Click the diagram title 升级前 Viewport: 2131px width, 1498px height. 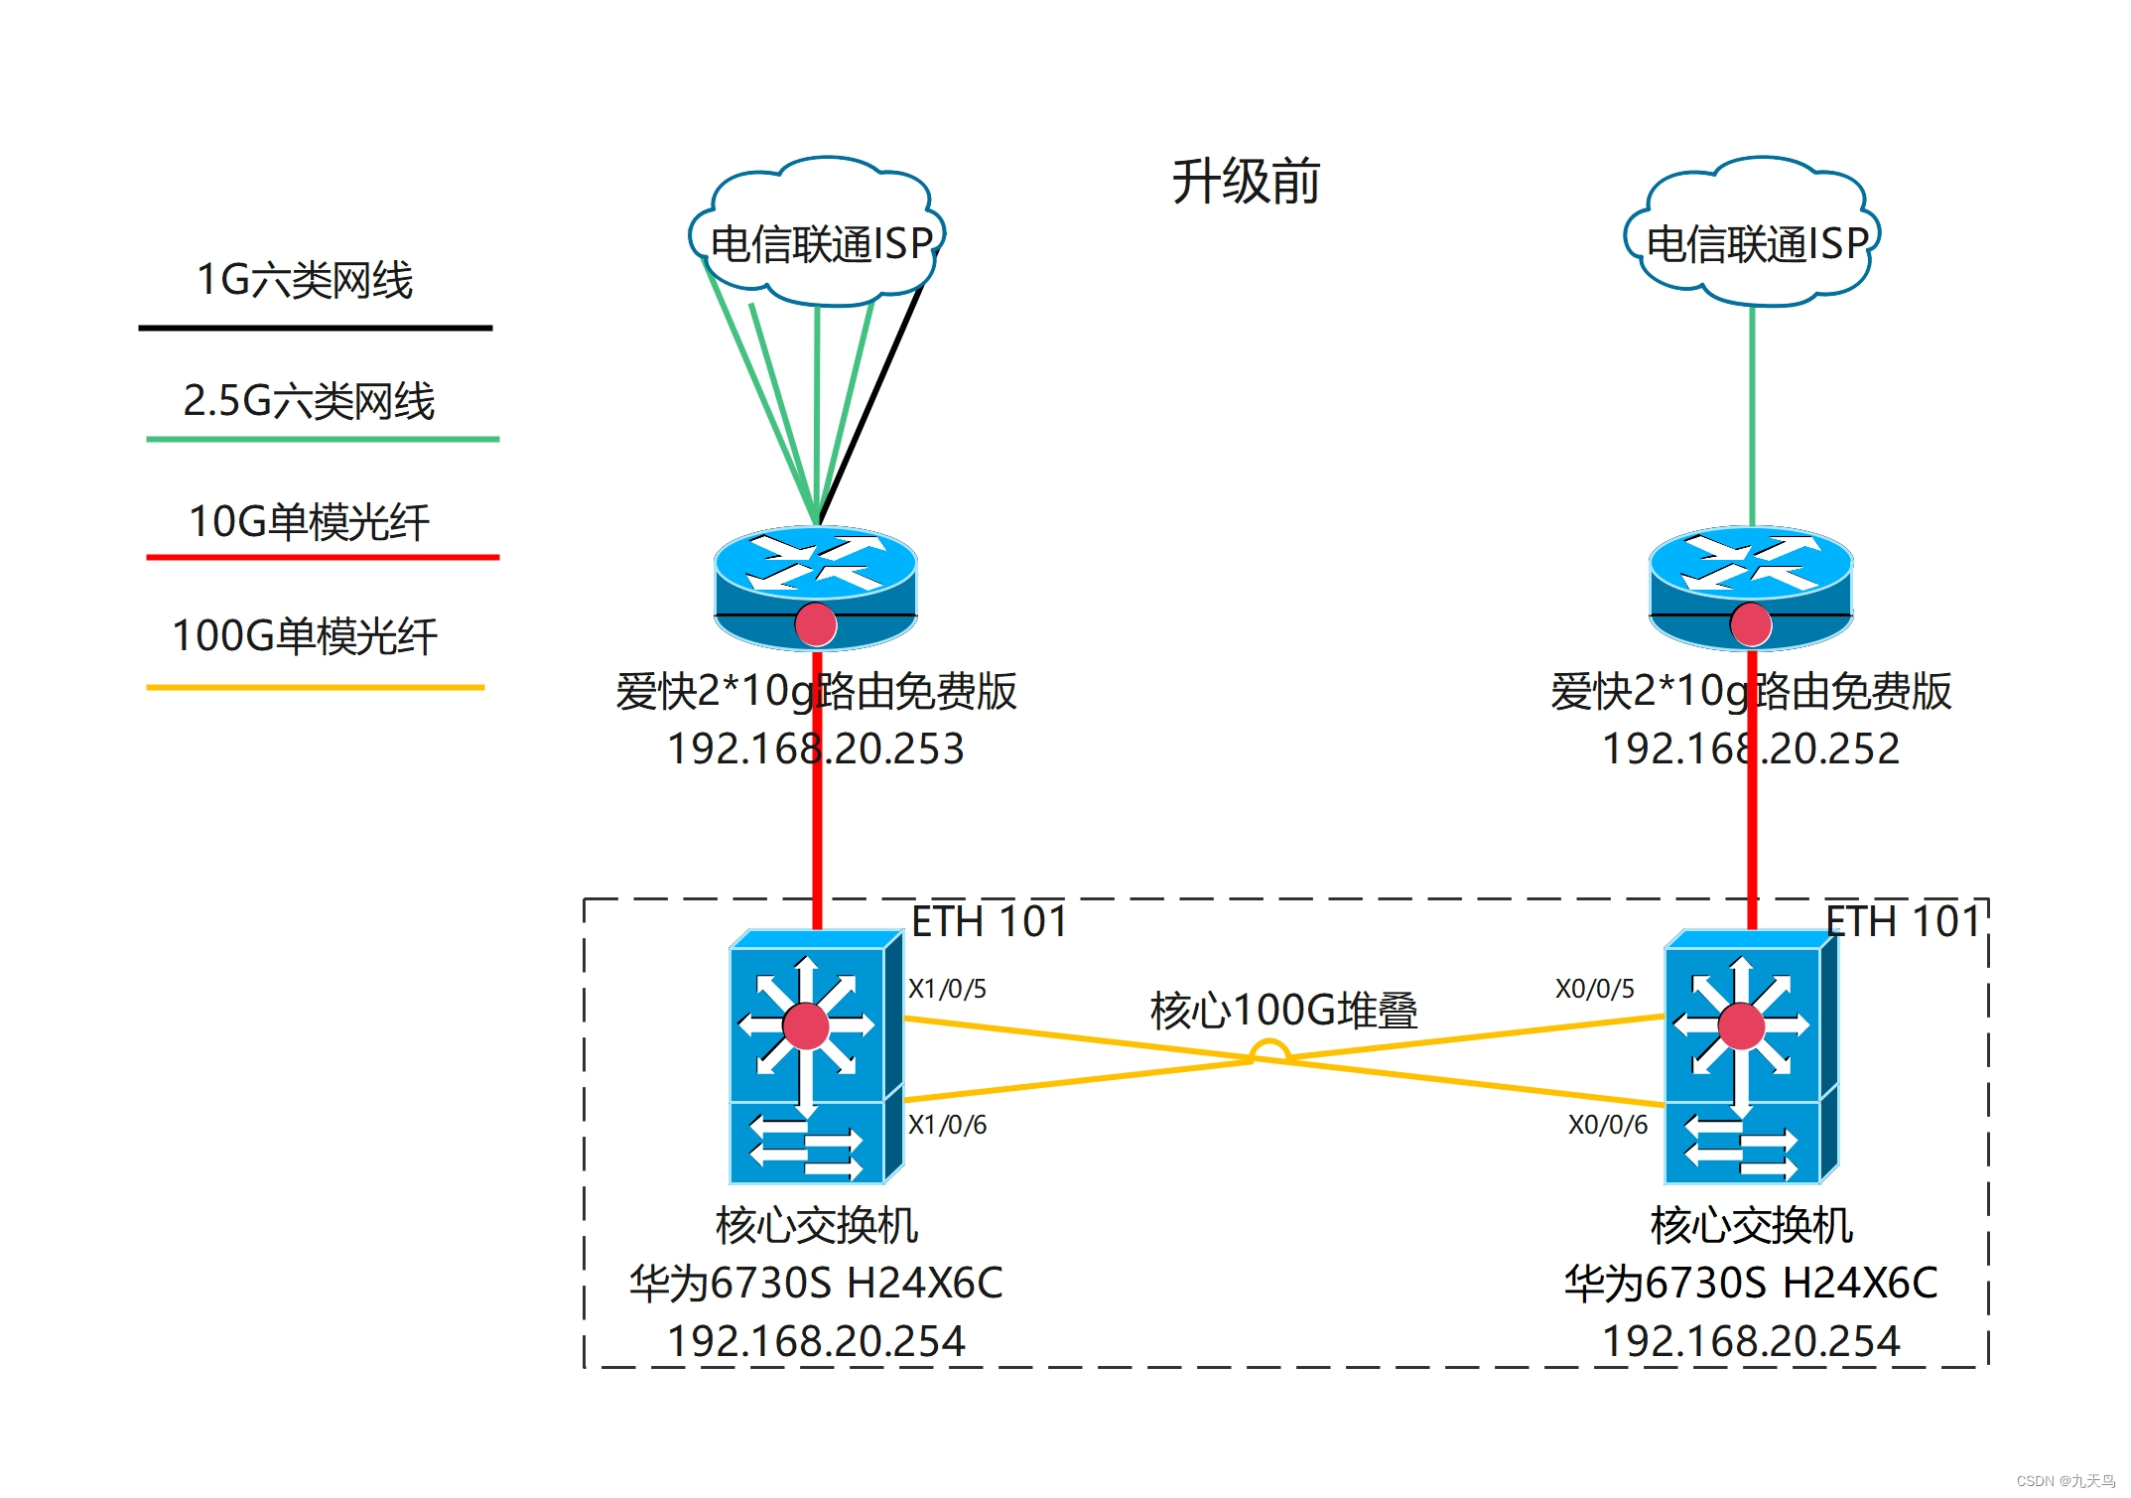coord(1245,182)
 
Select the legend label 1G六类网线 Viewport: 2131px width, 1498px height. coord(305,280)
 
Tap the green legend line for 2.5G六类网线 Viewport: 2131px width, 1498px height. coord(322,439)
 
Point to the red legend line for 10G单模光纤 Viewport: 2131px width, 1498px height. coord(322,558)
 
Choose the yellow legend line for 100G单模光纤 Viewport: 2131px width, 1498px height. coord(315,687)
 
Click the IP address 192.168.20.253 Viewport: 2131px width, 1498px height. coord(815,749)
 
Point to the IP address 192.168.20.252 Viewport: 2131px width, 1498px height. coord(1751,749)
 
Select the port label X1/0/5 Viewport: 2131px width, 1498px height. coord(947,989)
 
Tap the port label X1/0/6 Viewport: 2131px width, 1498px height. coord(947,1125)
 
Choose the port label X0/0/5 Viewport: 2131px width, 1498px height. coord(1594,989)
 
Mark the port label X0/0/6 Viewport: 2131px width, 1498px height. coord(1607,1125)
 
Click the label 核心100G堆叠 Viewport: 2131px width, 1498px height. coord(1283,1011)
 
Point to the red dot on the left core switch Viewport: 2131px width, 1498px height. coord(806,1026)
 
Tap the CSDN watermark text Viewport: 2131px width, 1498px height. coord(2065,1480)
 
